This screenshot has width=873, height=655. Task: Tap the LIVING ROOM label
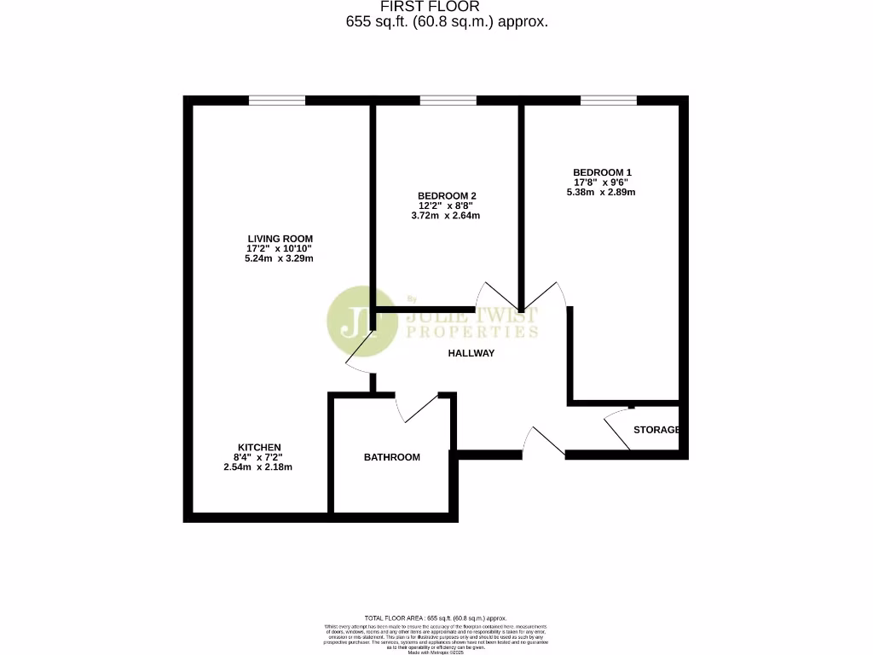(x=280, y=239)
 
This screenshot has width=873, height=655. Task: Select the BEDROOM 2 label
(x=447, y=196)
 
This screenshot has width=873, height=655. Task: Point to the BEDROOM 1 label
(x=602, y=172)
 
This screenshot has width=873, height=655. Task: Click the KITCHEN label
(x=259, y=448)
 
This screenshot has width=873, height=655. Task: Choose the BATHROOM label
(x=392, y=457)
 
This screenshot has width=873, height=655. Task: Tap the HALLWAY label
(x=471, y=353)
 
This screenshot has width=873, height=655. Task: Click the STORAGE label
(x=656, y=430)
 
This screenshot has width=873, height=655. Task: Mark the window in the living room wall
(x=277, y=101)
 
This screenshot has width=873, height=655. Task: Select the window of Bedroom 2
(x=448, y=101)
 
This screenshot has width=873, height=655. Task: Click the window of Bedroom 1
(x=609, y=101)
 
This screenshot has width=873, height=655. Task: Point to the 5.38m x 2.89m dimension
(x=601, y=193)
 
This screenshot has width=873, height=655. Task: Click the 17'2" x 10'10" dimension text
(x=280, y=248)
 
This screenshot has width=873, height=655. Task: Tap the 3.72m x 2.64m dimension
(x=446, y=216)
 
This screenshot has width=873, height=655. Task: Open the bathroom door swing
(x=418, y=409)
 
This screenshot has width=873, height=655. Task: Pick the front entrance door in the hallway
(x=543, y=442)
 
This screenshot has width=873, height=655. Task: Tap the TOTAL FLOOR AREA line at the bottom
(x=436, y=617)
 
